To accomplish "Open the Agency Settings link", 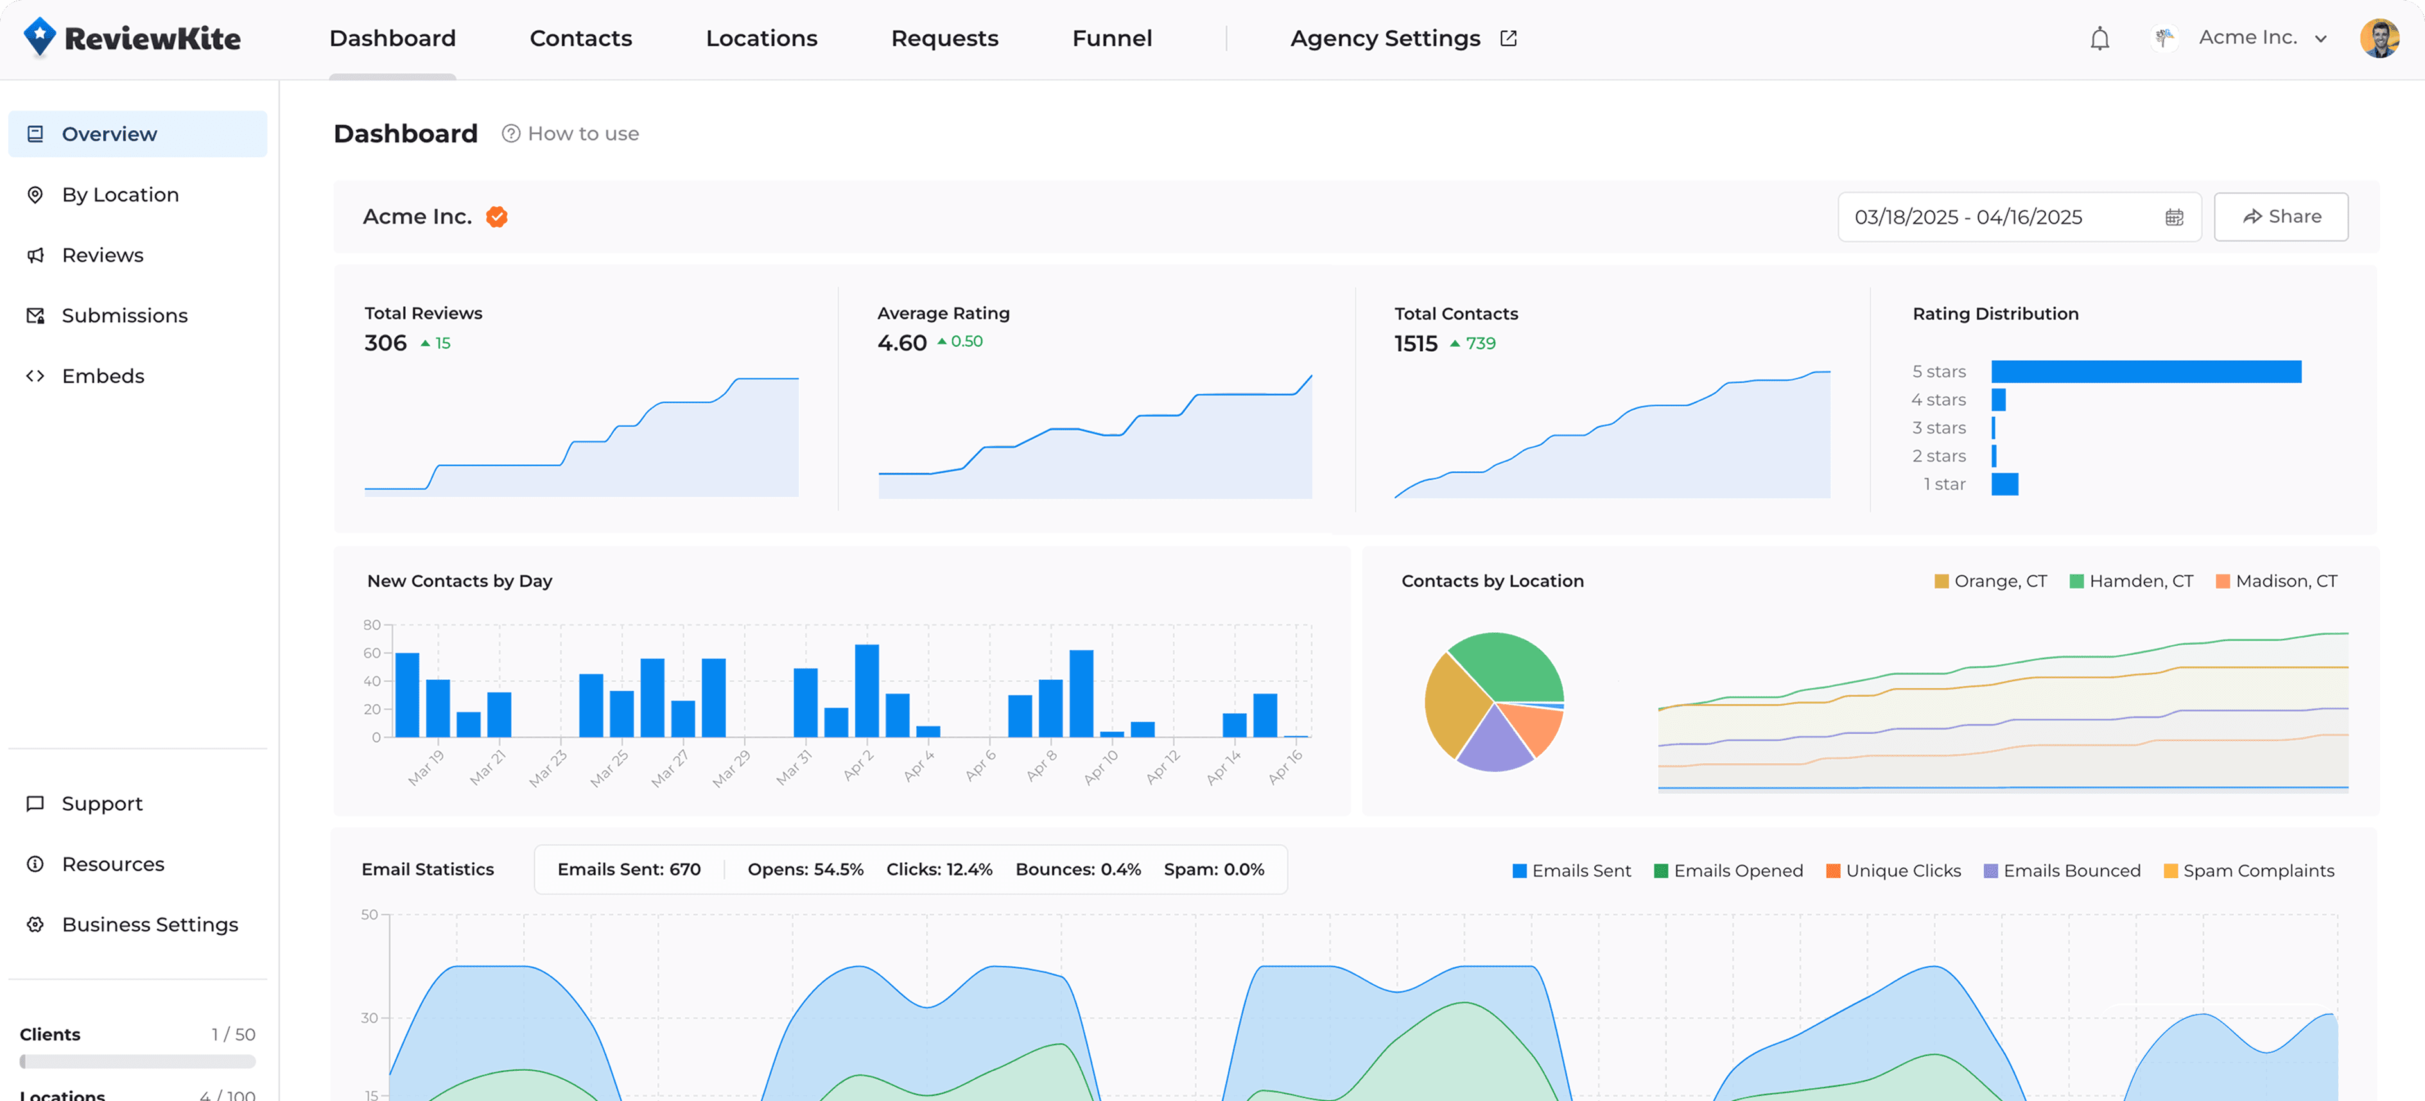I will click(x=1402, y=39).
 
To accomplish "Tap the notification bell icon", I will click(x=2099, y=39).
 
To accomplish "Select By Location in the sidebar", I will click(x=119, y=195).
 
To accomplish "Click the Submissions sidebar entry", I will click(x=125, y=315).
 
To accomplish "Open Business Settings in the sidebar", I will click(x=150, y=924).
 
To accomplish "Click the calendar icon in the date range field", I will click(x=2174, y=218).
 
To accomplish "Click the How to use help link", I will click(x=571, y=134).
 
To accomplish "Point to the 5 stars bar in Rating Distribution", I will click(x=2146, y=372).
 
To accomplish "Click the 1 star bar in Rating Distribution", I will click(x=2004, y=483).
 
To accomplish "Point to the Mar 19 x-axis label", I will click(x=426, y=767).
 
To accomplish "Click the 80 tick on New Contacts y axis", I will click(x=371, y=625).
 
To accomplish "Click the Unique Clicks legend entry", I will click(x=1893, y=871).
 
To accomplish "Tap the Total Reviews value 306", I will click(x=385, y=343).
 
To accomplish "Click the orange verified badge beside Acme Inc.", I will click(x=496, y=218).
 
